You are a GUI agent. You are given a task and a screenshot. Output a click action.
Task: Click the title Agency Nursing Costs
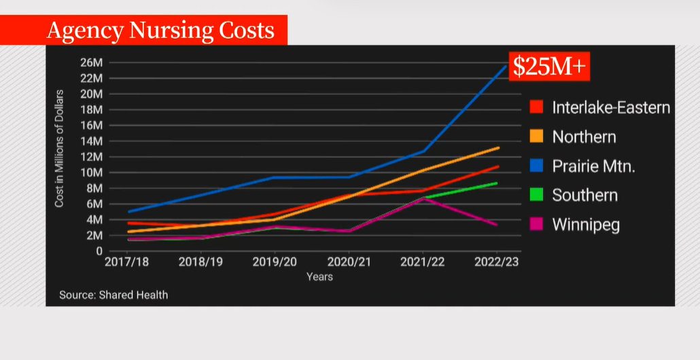tap(160, 31)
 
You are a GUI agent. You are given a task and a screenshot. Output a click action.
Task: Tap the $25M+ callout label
tap(550, 67)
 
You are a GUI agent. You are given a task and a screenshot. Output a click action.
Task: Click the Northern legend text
tap(584, 137)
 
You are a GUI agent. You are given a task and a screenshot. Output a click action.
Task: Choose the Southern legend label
tap(584, 195)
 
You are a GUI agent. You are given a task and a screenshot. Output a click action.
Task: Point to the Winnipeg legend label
tap(586, 224)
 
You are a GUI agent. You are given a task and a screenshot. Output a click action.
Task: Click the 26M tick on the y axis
tap(90, 62)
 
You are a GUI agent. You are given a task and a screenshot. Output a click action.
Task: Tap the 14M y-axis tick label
tap(90, 141)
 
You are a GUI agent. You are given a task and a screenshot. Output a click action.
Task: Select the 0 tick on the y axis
tap(98, 251)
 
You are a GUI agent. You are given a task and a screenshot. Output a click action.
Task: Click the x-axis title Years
tap(319, 276)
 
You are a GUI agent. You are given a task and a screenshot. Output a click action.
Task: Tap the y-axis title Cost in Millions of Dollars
tap(60, 148)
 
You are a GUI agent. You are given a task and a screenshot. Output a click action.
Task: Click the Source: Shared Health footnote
tap(113, 295)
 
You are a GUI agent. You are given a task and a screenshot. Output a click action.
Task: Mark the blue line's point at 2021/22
tap(423, 151)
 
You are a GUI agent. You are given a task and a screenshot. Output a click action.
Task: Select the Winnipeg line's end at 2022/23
tap(497, 225)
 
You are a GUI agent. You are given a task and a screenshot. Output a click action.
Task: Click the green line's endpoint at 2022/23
tap(497, 183)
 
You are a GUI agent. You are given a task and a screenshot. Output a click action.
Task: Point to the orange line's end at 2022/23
tap(498, 147)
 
